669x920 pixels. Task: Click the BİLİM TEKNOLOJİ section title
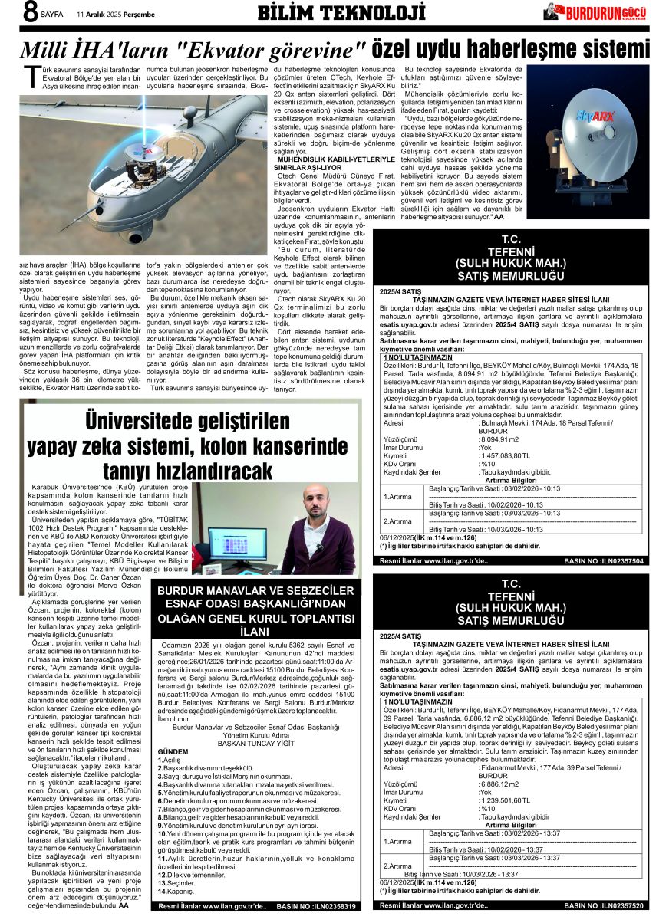point(341,13)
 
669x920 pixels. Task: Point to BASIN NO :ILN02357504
point(603,561)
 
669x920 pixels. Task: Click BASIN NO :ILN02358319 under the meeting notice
point(318,906)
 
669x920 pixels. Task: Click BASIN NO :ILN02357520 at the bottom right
point(603,906)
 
